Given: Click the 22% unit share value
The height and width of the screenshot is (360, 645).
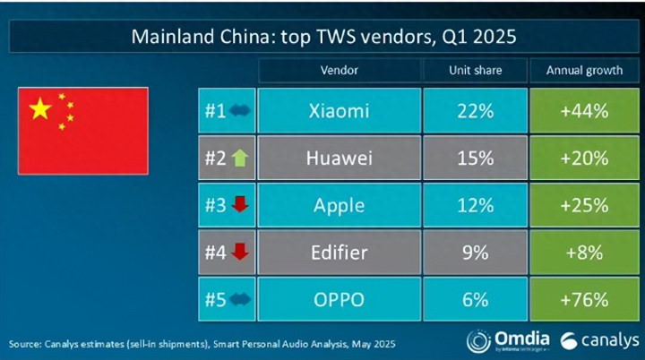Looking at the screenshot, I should pyautogui.click(x=475, y=111).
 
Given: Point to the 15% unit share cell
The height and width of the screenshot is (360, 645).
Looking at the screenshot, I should pyautogui.click(x=475, y=158).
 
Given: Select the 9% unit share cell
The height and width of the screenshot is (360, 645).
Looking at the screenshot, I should pyautogui.click(x=475, y=253).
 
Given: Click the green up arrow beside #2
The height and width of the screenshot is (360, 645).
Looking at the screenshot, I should pyautogui.click(x=239, y=158).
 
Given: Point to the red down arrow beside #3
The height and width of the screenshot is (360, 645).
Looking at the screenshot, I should pyautogui.click(x=239, y=205).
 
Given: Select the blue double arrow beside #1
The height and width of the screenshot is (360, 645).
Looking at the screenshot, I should pyautogui.click(x=241, y=111).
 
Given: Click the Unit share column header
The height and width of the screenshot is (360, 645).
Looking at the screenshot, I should pyautogui.click(x=475, y=70).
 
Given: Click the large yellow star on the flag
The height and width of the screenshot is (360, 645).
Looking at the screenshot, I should pyautogui.click(x=40, y=109).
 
